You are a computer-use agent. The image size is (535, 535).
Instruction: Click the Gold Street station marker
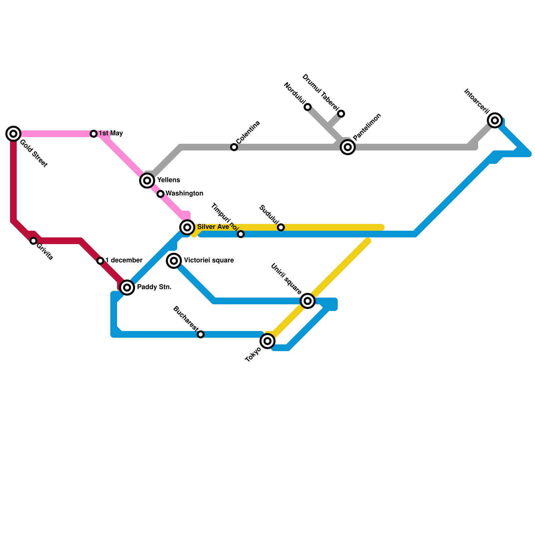coord(13,134)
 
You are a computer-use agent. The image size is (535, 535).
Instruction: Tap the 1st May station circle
coord(94,134)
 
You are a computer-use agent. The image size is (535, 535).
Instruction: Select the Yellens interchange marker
coord(147,181)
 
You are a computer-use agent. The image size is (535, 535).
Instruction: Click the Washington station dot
coord(160,194)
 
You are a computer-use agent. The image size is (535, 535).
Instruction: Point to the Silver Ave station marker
coord(187,227)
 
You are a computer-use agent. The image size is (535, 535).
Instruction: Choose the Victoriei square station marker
coord(174,261)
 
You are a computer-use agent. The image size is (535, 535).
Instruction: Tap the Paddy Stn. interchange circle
coord(127,288)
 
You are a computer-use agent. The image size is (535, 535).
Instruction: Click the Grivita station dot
coord(33,241)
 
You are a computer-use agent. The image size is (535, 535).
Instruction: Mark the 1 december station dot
coord(100,261)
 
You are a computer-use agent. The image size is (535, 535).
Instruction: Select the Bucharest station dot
coord(201,334)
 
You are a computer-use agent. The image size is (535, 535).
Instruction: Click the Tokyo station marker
coord(267,341)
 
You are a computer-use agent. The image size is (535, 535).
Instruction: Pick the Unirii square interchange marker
coord(308,301)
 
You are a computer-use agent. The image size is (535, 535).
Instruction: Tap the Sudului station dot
coord(281,227)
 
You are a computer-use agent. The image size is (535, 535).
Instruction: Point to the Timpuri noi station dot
coord(241,234)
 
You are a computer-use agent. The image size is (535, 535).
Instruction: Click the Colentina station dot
coord(234,147)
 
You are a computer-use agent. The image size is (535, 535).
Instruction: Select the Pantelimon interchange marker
coord(348,147)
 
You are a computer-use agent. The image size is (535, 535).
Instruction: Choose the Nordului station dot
coord(308,107)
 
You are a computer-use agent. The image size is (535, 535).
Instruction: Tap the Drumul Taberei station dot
coord(341,114)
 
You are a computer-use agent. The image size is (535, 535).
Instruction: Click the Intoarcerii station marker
coord(495,120)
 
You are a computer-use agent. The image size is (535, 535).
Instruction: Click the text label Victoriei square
coord(209,260)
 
